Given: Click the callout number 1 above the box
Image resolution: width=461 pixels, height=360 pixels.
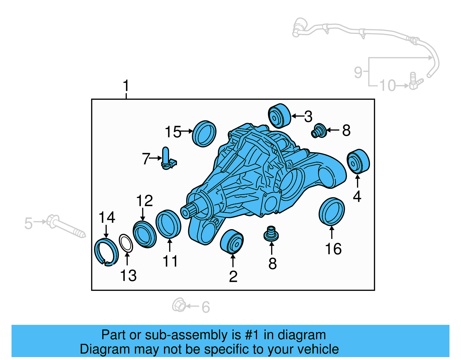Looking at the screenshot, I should click(126, 86).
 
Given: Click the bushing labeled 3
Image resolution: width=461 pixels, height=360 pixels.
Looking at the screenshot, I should click(279, 116).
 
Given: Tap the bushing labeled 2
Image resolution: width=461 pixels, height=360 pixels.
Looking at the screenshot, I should click(232, 242).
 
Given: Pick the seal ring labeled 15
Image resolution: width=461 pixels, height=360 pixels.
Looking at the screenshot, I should click(204, 134).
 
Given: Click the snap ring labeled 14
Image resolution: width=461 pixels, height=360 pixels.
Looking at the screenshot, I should click(106, 252).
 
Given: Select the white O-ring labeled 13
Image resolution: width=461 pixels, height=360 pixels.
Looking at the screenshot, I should click(126, 243).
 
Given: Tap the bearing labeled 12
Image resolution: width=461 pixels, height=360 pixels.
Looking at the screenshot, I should click(144, 234).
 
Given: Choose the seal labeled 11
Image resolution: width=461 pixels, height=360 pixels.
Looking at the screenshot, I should click(168, 224).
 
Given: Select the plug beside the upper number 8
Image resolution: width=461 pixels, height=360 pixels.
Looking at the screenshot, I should click(319, 131).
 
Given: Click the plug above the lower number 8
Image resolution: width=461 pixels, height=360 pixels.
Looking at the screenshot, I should click(271, 234).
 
